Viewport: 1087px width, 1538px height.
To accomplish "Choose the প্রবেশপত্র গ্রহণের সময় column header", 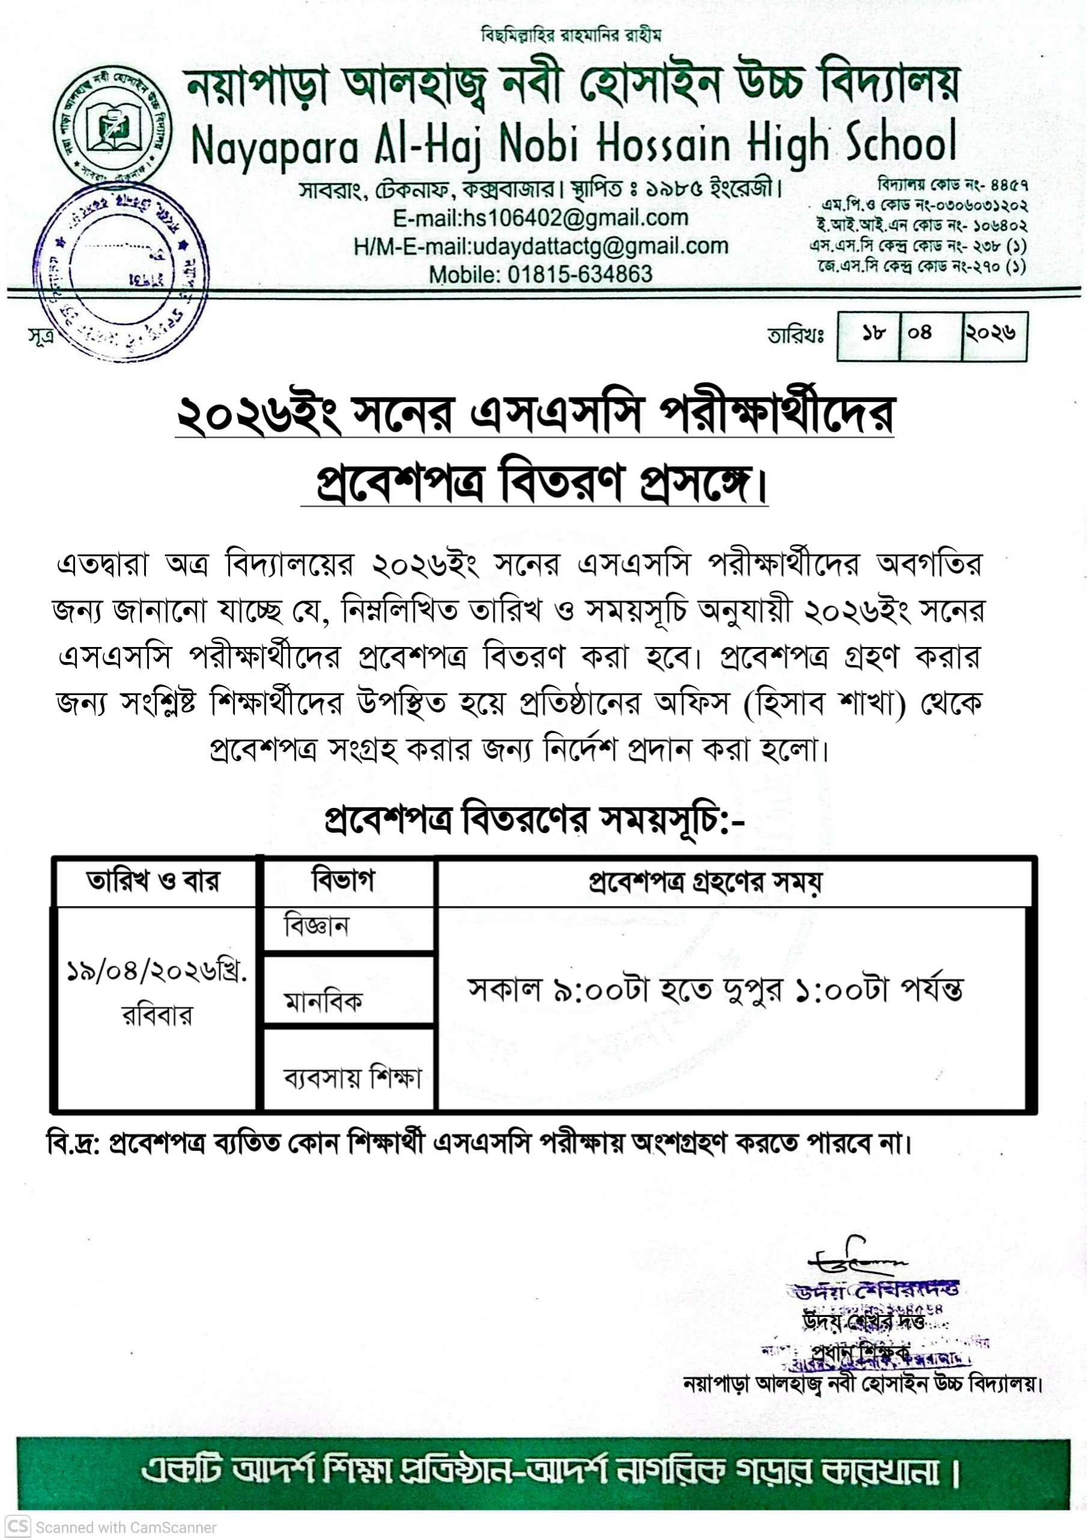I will click(704, 881).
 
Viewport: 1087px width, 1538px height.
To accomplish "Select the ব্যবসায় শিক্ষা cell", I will click(353, 1078).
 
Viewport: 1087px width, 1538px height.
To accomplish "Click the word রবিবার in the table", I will click(157, 1016).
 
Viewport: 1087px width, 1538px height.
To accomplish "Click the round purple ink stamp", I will click(121, 272).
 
